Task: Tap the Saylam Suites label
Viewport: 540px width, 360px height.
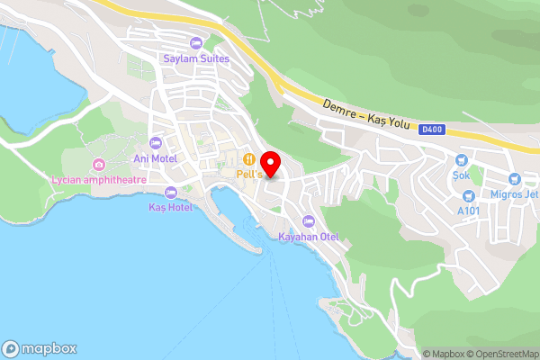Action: [196, 59]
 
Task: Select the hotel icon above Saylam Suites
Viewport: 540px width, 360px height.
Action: [196, 43]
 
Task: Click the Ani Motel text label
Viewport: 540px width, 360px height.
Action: [155, 158]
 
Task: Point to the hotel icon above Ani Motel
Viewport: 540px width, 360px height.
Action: [155, 143]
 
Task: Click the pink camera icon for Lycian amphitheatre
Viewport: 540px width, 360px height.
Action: [98, 165]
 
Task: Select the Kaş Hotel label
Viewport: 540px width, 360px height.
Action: [171, 207]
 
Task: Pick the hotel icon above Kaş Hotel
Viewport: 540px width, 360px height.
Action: [171, 192]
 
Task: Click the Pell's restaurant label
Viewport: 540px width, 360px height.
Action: [250, 174]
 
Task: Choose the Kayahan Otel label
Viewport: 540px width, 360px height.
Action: [309, 237]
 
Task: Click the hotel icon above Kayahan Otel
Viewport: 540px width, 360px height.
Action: [309, 221]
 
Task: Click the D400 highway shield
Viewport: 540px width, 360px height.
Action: [431, 129]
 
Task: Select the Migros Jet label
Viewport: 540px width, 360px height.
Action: [514, 195]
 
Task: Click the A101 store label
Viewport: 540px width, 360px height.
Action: [468, 211]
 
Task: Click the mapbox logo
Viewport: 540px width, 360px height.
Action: [40, 348]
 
